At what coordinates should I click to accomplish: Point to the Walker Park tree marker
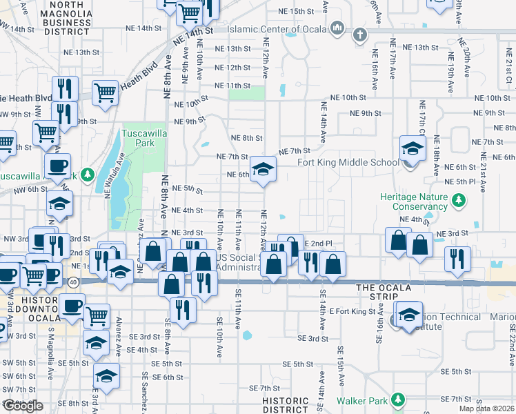tap(397, 400)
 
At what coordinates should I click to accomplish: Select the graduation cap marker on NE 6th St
tap(262, 169)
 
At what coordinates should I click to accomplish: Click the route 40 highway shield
tap(72, 282)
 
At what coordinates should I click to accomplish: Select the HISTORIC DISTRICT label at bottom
tap(285, 405)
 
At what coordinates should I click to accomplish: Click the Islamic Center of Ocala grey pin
tap(337, 28)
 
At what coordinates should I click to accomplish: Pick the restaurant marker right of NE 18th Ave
tap(457, 258)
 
